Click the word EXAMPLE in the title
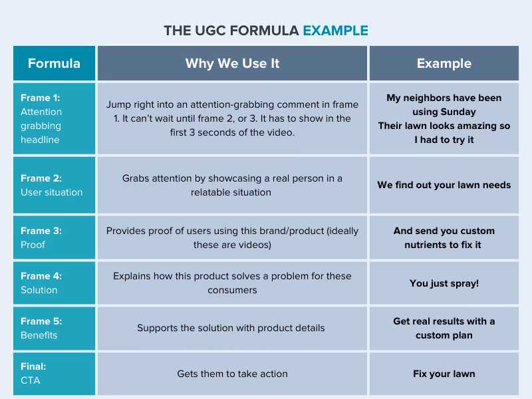335,31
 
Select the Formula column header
54,64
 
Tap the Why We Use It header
232,64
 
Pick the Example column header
444,64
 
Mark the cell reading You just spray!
444,283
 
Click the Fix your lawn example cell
444,374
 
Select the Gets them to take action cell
232,374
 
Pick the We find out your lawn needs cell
444,185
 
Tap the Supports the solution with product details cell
232,328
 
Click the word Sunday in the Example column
459,112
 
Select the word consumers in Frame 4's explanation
232,290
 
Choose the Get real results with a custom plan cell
444,328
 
